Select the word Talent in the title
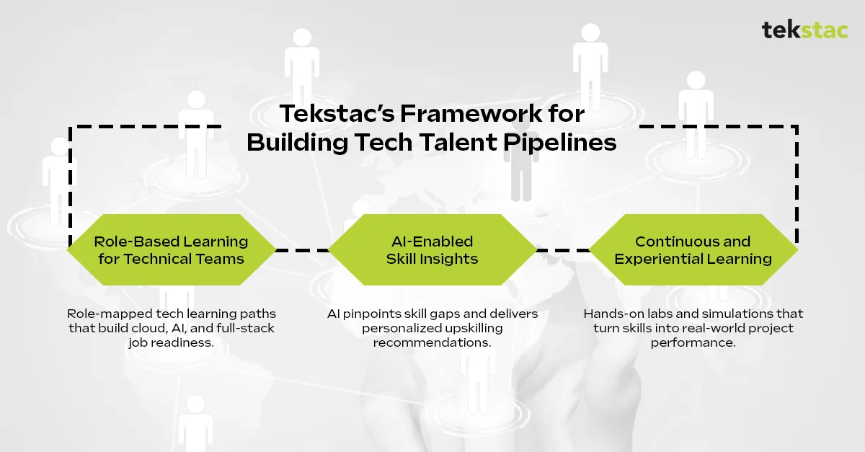(x=458, y=143)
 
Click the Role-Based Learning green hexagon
(x=172, y=250)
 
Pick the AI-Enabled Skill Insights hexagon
(x=432, y=250)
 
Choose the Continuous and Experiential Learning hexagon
(x=693, y=250)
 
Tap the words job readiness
(x=172, y=342)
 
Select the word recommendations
(x=432, y=342)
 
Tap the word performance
(x=693, y=342)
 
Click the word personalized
(x=396, y=329)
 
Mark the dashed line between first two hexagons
(x=302, y=250)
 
